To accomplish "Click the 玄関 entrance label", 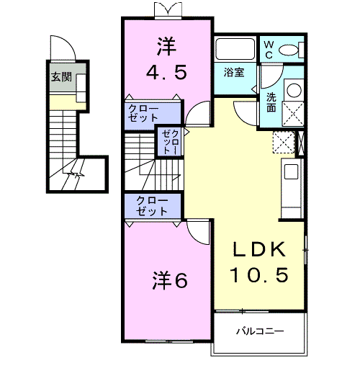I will (61, 77).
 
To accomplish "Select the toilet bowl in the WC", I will (290, 50).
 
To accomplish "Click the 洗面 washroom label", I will (271, 102).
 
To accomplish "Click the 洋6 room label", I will (170, 280).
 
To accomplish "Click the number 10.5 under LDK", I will (261, 274).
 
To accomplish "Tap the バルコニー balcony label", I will (260, 333).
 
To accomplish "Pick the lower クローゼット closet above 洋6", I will (149, 205).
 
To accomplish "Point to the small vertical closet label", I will (171, 141).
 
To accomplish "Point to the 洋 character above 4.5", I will (167, 46).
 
